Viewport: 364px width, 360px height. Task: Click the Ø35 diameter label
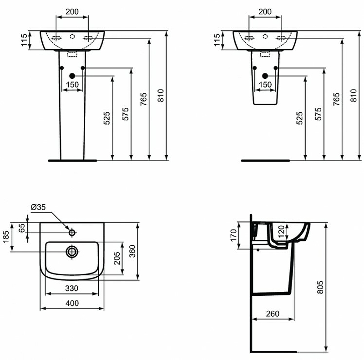point(39,207)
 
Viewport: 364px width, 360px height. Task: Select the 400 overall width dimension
point(72,303)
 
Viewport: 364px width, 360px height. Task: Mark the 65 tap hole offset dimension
point(21,228)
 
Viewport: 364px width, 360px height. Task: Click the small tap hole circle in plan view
point(72,233)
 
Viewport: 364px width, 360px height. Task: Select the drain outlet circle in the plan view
point(72,251)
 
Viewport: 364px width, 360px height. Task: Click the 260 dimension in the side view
point(272,314)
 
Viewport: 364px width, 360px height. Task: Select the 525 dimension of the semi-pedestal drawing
point(299,118)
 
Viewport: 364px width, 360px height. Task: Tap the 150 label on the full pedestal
point(72,84)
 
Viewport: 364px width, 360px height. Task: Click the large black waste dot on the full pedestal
point(72,76)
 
